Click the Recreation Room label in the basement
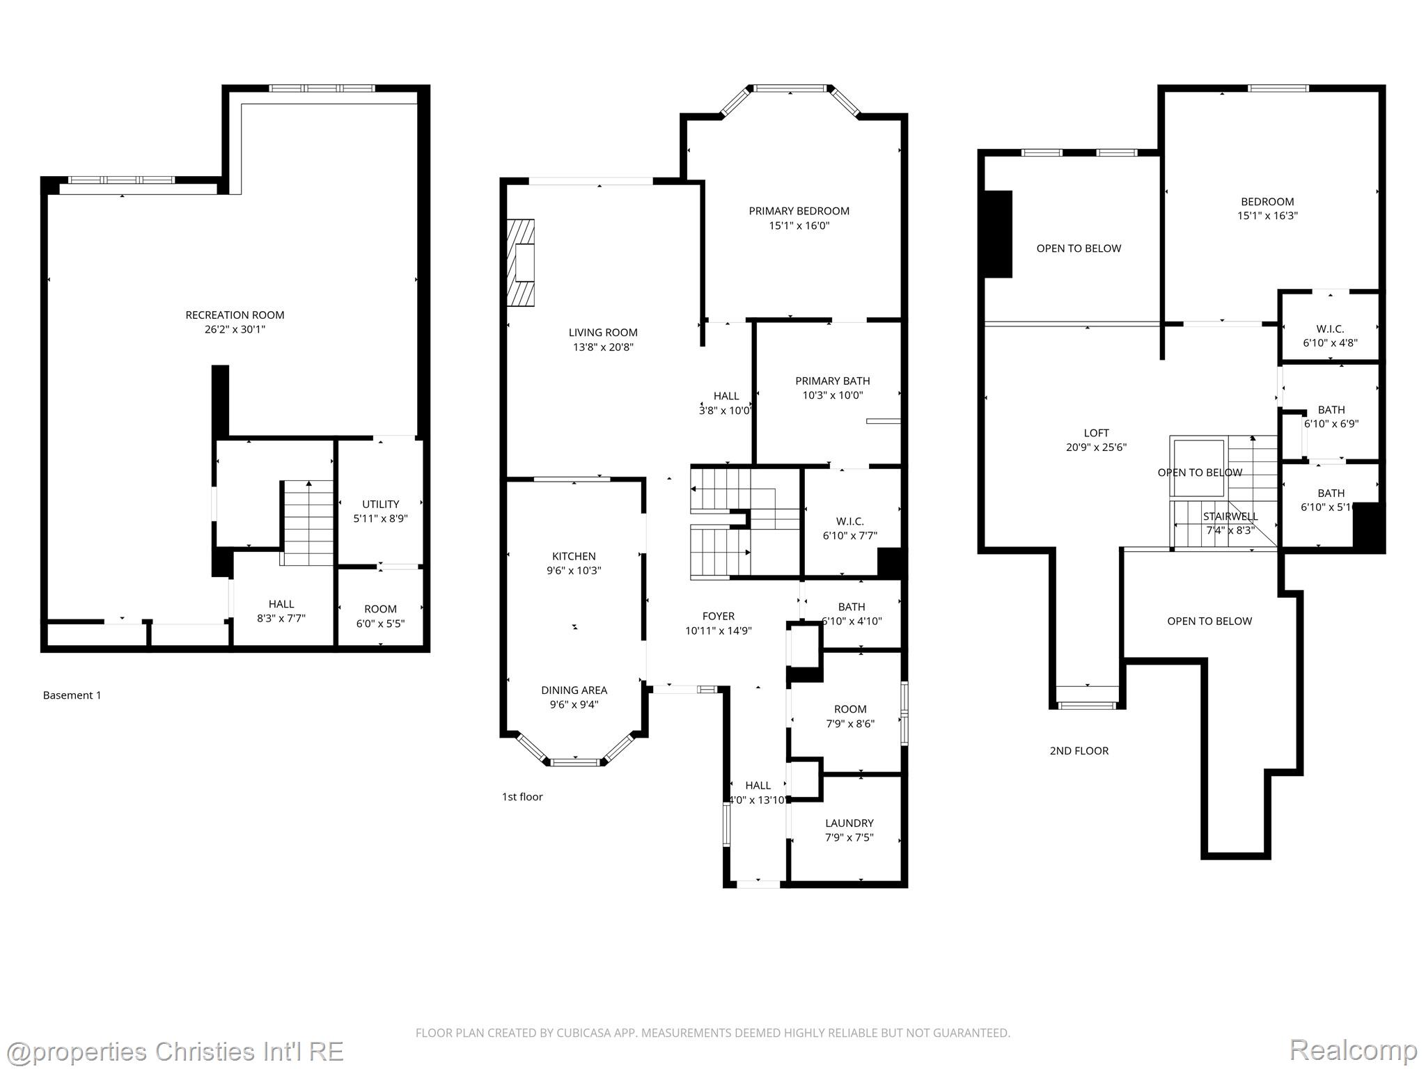click(x=235, y=315)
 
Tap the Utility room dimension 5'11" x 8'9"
click(x=380, y=518)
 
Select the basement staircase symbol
click(x=308, y=522)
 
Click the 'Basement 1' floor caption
click(x=72, y=695)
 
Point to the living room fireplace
click(x=521, y=263)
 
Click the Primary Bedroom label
click(x=799, y=211)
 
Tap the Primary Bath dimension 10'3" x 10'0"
click(x=832, y=395)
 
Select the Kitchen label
click(x=574, y=556)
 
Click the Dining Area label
click(x=574, y=690)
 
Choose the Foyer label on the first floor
click(x=718, y=616)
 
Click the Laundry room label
click(x=849, y=823)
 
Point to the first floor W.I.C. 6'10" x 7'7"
click(x=849, y=528)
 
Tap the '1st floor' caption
click(x=522, y=797)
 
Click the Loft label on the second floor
click(x=1096, y=433)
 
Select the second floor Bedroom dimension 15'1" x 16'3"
click(x=1267, y=216)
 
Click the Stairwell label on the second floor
click(x=1230, y=516)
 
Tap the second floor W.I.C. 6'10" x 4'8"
click(x=1330, y=336)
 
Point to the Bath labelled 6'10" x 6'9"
click(x=1331, y=416)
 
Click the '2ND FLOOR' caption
click(x=1079, y=751)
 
